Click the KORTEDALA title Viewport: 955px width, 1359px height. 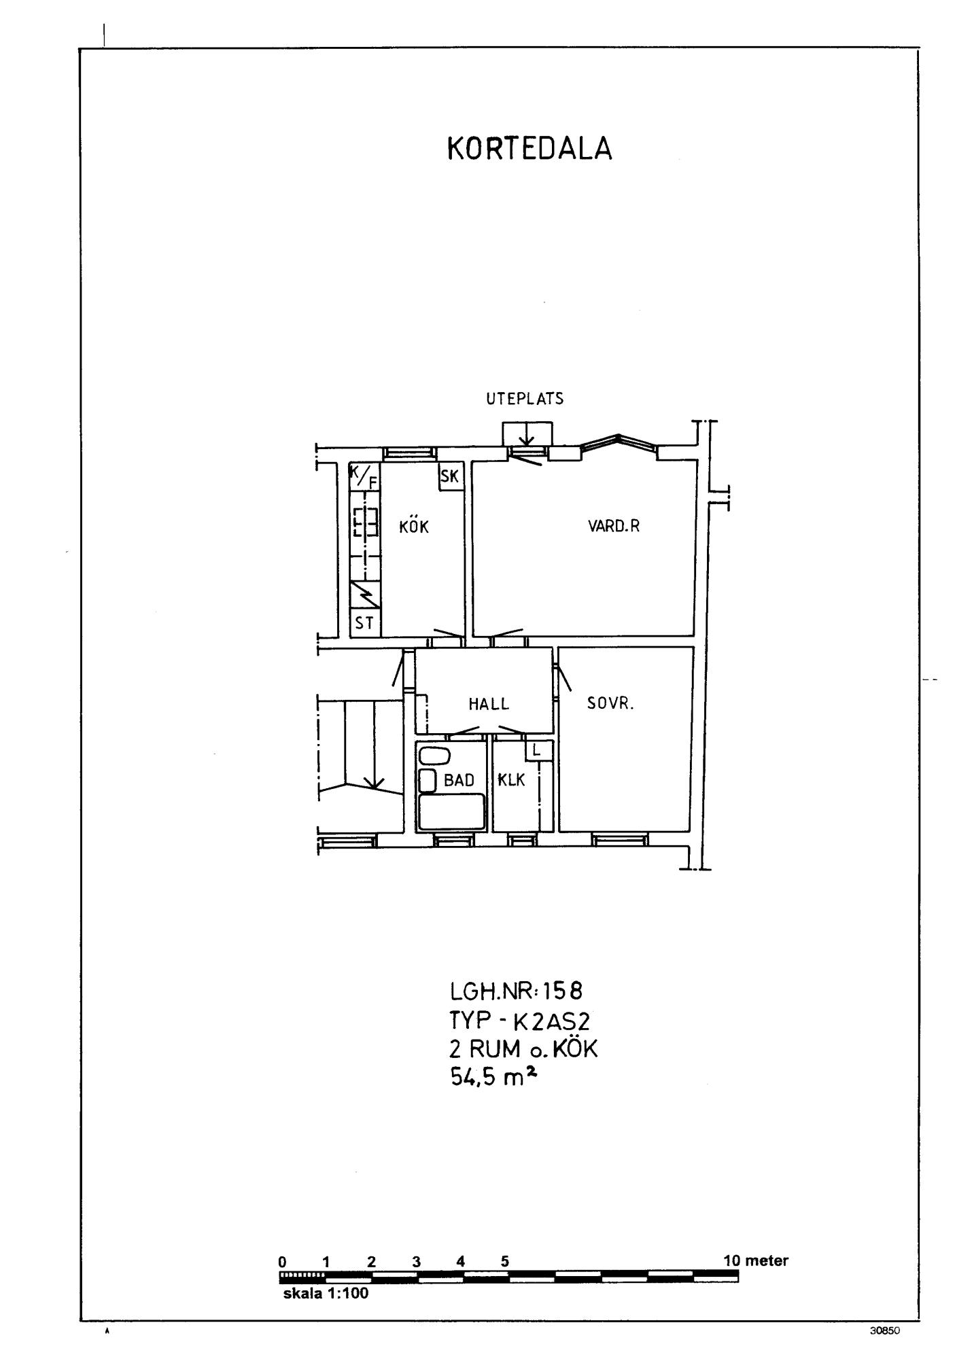[x=529, y=149]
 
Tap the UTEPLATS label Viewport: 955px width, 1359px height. [x=525, y=399]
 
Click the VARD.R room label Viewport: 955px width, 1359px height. [x=614, y=526]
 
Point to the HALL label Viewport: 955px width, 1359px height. [x=489, y=704]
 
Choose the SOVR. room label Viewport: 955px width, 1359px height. [x=610, y=703]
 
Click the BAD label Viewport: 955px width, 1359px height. [x=459, y=780]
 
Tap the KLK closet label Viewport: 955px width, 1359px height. [x=512, y=780]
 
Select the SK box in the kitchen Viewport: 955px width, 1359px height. [x=451, y=476]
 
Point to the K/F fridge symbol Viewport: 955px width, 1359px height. [x=364, y=476]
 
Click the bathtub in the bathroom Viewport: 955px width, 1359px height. [x=452, y=811]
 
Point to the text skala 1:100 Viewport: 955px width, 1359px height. [x=326, y=1293]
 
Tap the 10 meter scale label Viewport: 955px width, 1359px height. [x=756, y=1261]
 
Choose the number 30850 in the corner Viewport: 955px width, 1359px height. [x=885, y=1331]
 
